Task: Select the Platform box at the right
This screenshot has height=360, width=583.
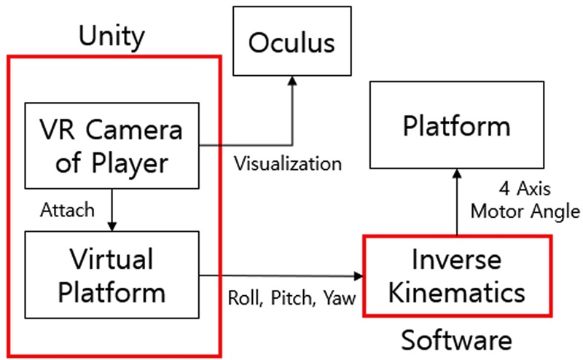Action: (x=457, y=125)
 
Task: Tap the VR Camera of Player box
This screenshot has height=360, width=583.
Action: (x=111, y=145)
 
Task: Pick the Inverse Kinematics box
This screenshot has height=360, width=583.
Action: (x=457, y=276)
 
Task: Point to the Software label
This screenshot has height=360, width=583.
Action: (x=457, y=340)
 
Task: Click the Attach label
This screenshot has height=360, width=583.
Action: (x=68, y=210)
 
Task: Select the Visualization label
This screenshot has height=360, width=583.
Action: (x=287, y=163)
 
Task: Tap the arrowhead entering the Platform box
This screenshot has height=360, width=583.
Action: (x=457, y=175)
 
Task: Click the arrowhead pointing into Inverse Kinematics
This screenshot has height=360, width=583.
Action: (x=358, y=276)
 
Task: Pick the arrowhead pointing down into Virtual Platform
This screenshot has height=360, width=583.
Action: (x=111, y=226)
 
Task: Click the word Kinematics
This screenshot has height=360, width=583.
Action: (x=457, y=293)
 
